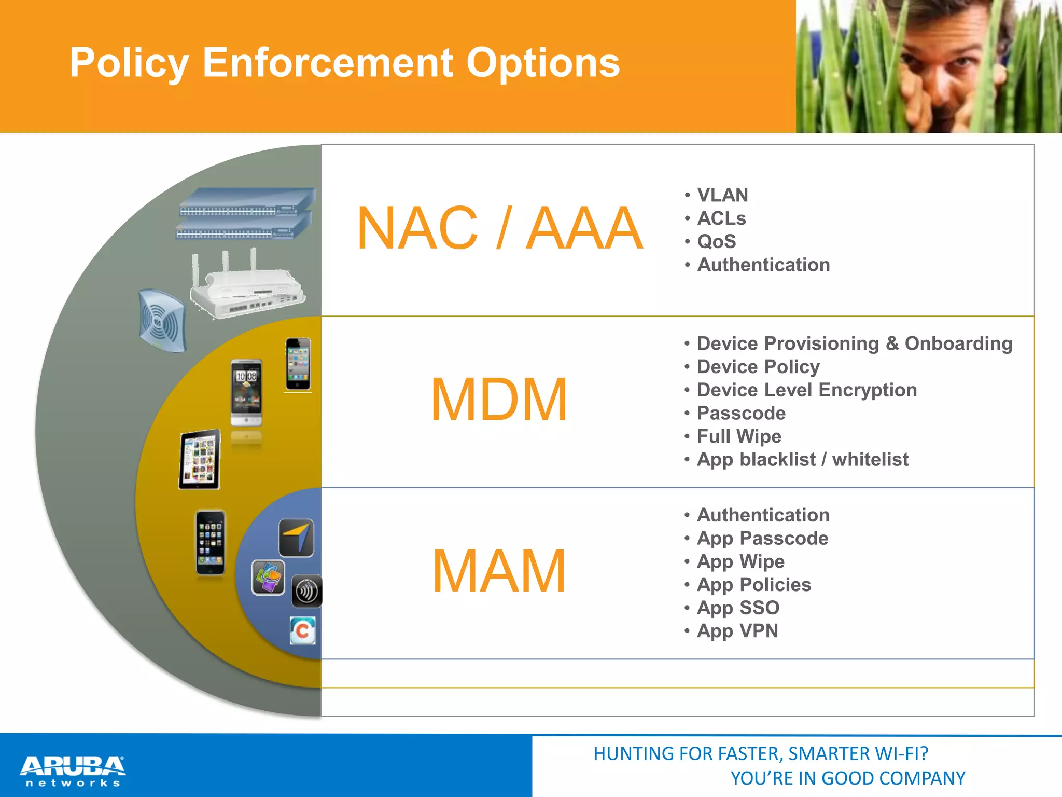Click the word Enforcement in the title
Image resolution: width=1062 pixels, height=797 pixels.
(x=329, y=63)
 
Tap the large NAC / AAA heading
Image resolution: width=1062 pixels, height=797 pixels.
(x=499, y=228)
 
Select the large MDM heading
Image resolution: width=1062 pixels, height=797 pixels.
(x=499, y=399)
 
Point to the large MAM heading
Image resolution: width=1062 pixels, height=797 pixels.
(x=499, y=571)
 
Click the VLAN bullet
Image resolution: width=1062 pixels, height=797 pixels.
(x=722, y=195)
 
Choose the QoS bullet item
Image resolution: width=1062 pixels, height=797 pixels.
(x=716, y=241)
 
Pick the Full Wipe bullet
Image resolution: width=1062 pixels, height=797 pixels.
(x=738, y=436)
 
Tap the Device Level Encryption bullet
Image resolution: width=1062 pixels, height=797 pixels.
(x=806, y=390)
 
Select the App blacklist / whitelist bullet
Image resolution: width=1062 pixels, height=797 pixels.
(x=802, y=459)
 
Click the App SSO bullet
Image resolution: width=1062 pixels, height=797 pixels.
(x=738, y=608)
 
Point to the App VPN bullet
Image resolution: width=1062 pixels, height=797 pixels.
(x=737, y=631)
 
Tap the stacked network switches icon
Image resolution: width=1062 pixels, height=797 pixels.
(x=245, y=214)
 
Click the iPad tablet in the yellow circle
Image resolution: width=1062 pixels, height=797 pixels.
(x=200, y=459)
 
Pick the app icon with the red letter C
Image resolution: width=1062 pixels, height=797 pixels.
(x=303, y=630)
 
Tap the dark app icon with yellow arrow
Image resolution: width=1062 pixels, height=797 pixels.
(x=296, y=538)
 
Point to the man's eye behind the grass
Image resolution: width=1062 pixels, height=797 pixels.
(x=961, y=61)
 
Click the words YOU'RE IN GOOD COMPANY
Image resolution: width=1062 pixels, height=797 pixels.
(x=847, y=778)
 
